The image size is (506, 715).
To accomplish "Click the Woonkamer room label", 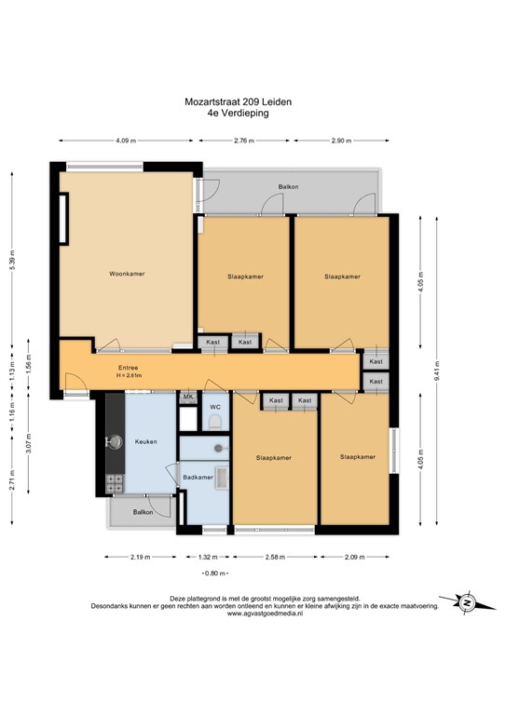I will click(x=126, y=274).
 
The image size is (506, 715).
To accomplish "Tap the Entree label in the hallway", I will click(x=128, y=366).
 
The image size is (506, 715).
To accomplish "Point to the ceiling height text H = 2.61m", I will click(x=128, y=375).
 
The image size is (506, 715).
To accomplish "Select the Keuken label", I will click(x=144, y=441).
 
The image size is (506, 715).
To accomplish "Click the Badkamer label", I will click(x=198, y=478).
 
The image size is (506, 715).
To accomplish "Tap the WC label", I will click(x=214, y=408).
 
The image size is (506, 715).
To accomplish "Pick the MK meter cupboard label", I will click(x=187, y=398).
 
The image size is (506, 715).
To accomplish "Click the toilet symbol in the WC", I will click(x=214, y=424).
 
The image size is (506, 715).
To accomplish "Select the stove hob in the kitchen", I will click(x=116, y=483).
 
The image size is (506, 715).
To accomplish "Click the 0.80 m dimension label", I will click(x=214, y=573).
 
